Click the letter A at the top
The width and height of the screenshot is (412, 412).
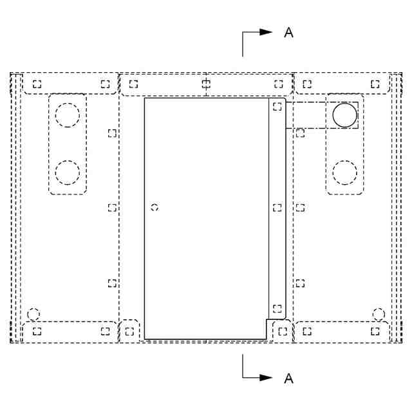point(288,32)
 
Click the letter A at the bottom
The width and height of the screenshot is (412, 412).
point(288,378)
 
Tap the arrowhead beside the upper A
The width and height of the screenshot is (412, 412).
point(266,32)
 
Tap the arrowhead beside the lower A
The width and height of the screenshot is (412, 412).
point(266,378)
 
